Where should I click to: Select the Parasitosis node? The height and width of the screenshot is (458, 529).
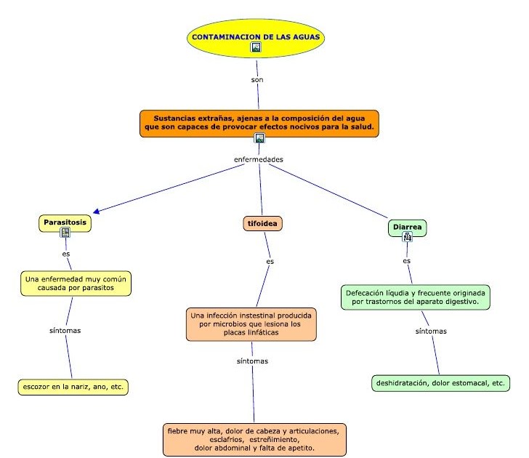pyautogui.click(x=65, y=221)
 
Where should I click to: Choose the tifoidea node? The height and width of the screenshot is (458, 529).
pyautogui.click(x=262, y=224)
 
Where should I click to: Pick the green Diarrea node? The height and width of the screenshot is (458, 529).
pyautogui.click(x=408, y=227)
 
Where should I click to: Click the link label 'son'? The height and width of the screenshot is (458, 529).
pyautogui.click(x=257, y=80)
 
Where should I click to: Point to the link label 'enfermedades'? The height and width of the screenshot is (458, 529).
pyautogui.click(x=258, y=158)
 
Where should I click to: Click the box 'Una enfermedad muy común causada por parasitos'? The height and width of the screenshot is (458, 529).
pyautogui.click(x=77, y=284)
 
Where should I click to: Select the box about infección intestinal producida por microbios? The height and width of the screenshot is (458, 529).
pyautogui.click(x=251, y=324)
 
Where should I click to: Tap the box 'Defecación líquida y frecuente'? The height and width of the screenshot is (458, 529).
pyautogui.click(x=415, y=297)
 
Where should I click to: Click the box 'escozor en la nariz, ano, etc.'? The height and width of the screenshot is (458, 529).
pyautogui.click(x=73, y=386)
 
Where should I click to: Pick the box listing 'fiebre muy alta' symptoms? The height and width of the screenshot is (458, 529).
pyautogui.click(x=254, y=439)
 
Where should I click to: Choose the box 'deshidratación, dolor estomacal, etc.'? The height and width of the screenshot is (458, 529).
pyautogui.click(x=440, y=382)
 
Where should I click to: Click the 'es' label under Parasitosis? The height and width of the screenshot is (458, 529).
pyautogui.click(x=66, y=254)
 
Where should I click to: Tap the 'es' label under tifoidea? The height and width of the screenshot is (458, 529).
pyautogui.click(x=270, y=261)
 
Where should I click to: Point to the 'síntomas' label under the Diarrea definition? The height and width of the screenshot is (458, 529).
pyautogui.click(x=431, y=332)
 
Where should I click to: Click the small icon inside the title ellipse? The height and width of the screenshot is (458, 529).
pyautogui.click(x=256, y=47)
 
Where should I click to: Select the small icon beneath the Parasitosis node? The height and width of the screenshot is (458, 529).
pyautogui.click(x=65, y=233)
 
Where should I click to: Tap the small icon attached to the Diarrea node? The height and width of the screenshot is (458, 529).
pyautogui.click(x=408, y=236)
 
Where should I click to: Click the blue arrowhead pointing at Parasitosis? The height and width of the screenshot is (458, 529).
pyautogui.click(x=97, y=212)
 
